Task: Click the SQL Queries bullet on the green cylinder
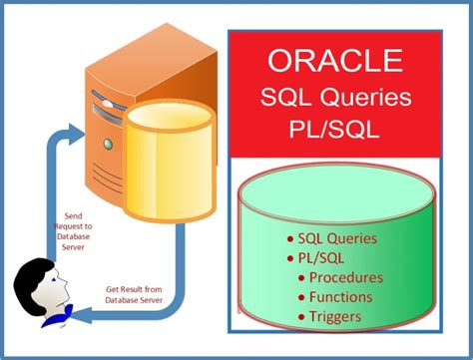(331, 238)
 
